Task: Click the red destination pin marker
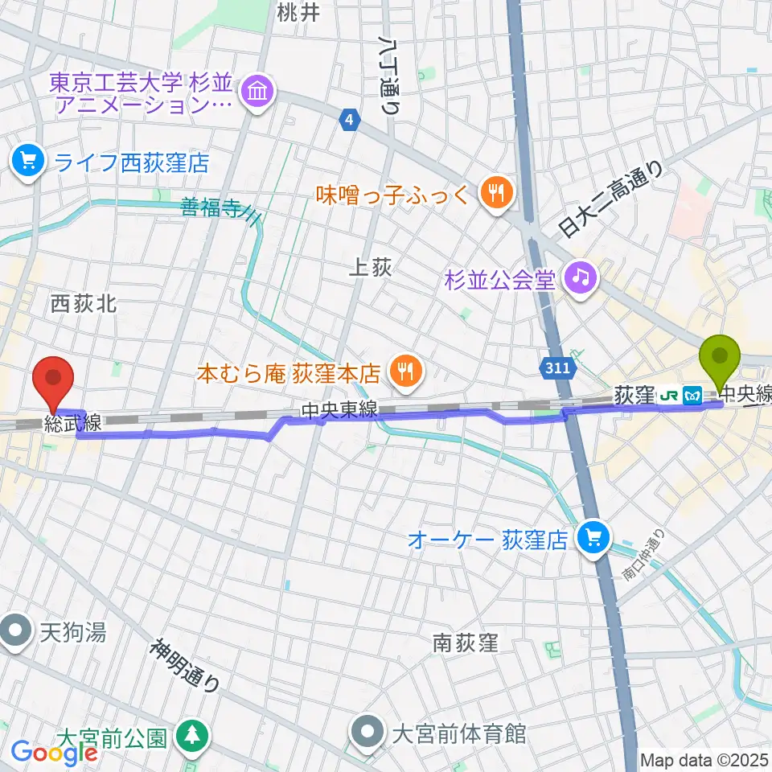(x=54, y=383)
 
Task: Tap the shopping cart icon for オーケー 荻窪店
(x=594, y=537)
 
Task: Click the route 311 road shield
(x=556, y=368)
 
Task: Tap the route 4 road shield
(x=348, y=120)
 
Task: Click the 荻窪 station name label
(x=634, y=396)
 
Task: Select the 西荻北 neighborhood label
(x=84, y=303)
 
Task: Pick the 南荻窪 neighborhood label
(x=466, y=643)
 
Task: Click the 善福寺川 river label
(x=220, y=211)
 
